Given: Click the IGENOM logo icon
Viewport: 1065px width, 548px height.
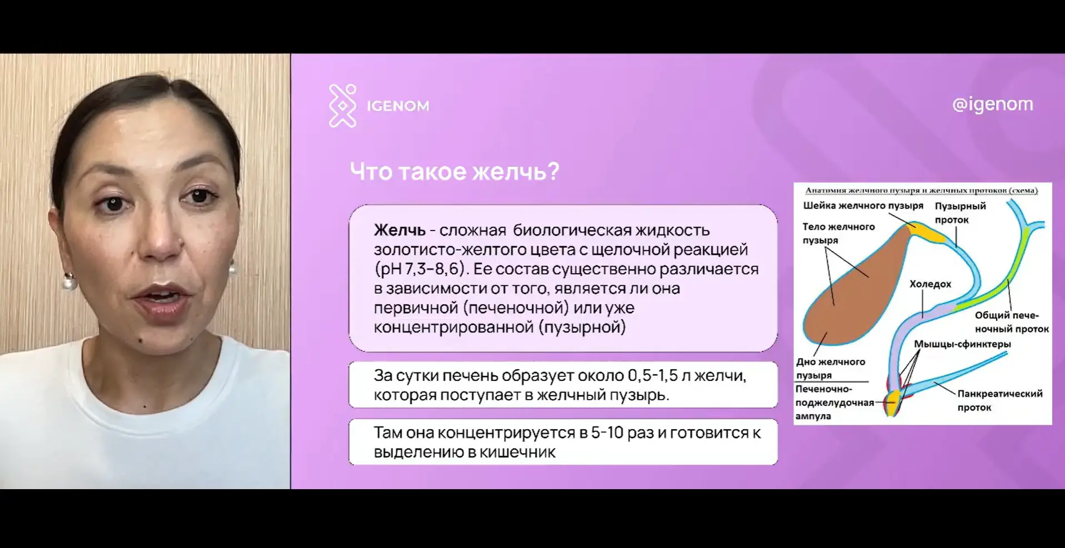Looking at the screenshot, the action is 342,105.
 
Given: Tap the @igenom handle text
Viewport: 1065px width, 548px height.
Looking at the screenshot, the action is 992,104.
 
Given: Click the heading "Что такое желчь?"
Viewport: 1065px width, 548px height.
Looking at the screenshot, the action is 454,171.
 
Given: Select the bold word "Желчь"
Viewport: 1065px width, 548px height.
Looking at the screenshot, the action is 399,230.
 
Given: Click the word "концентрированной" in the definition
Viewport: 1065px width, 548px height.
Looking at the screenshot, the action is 453,326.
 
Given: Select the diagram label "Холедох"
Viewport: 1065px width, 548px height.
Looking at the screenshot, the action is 930,284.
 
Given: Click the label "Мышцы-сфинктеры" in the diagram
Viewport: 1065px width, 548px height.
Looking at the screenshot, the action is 962,344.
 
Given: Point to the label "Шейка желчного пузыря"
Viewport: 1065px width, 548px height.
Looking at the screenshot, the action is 863,206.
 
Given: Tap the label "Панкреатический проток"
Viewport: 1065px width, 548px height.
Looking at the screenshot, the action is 1000,400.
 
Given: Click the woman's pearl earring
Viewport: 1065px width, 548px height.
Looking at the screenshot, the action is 69,282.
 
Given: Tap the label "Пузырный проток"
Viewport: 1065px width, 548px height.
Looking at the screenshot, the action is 960,213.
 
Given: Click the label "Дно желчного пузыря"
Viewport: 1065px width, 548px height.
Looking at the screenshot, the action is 831,368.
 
